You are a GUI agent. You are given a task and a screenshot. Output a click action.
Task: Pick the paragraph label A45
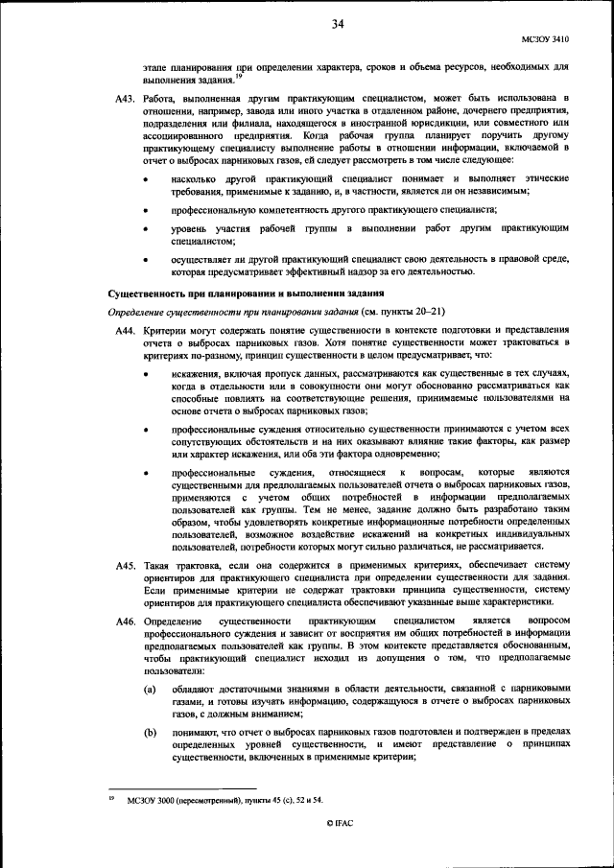[125, 567]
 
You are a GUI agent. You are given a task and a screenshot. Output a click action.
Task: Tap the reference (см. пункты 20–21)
[389, 312]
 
